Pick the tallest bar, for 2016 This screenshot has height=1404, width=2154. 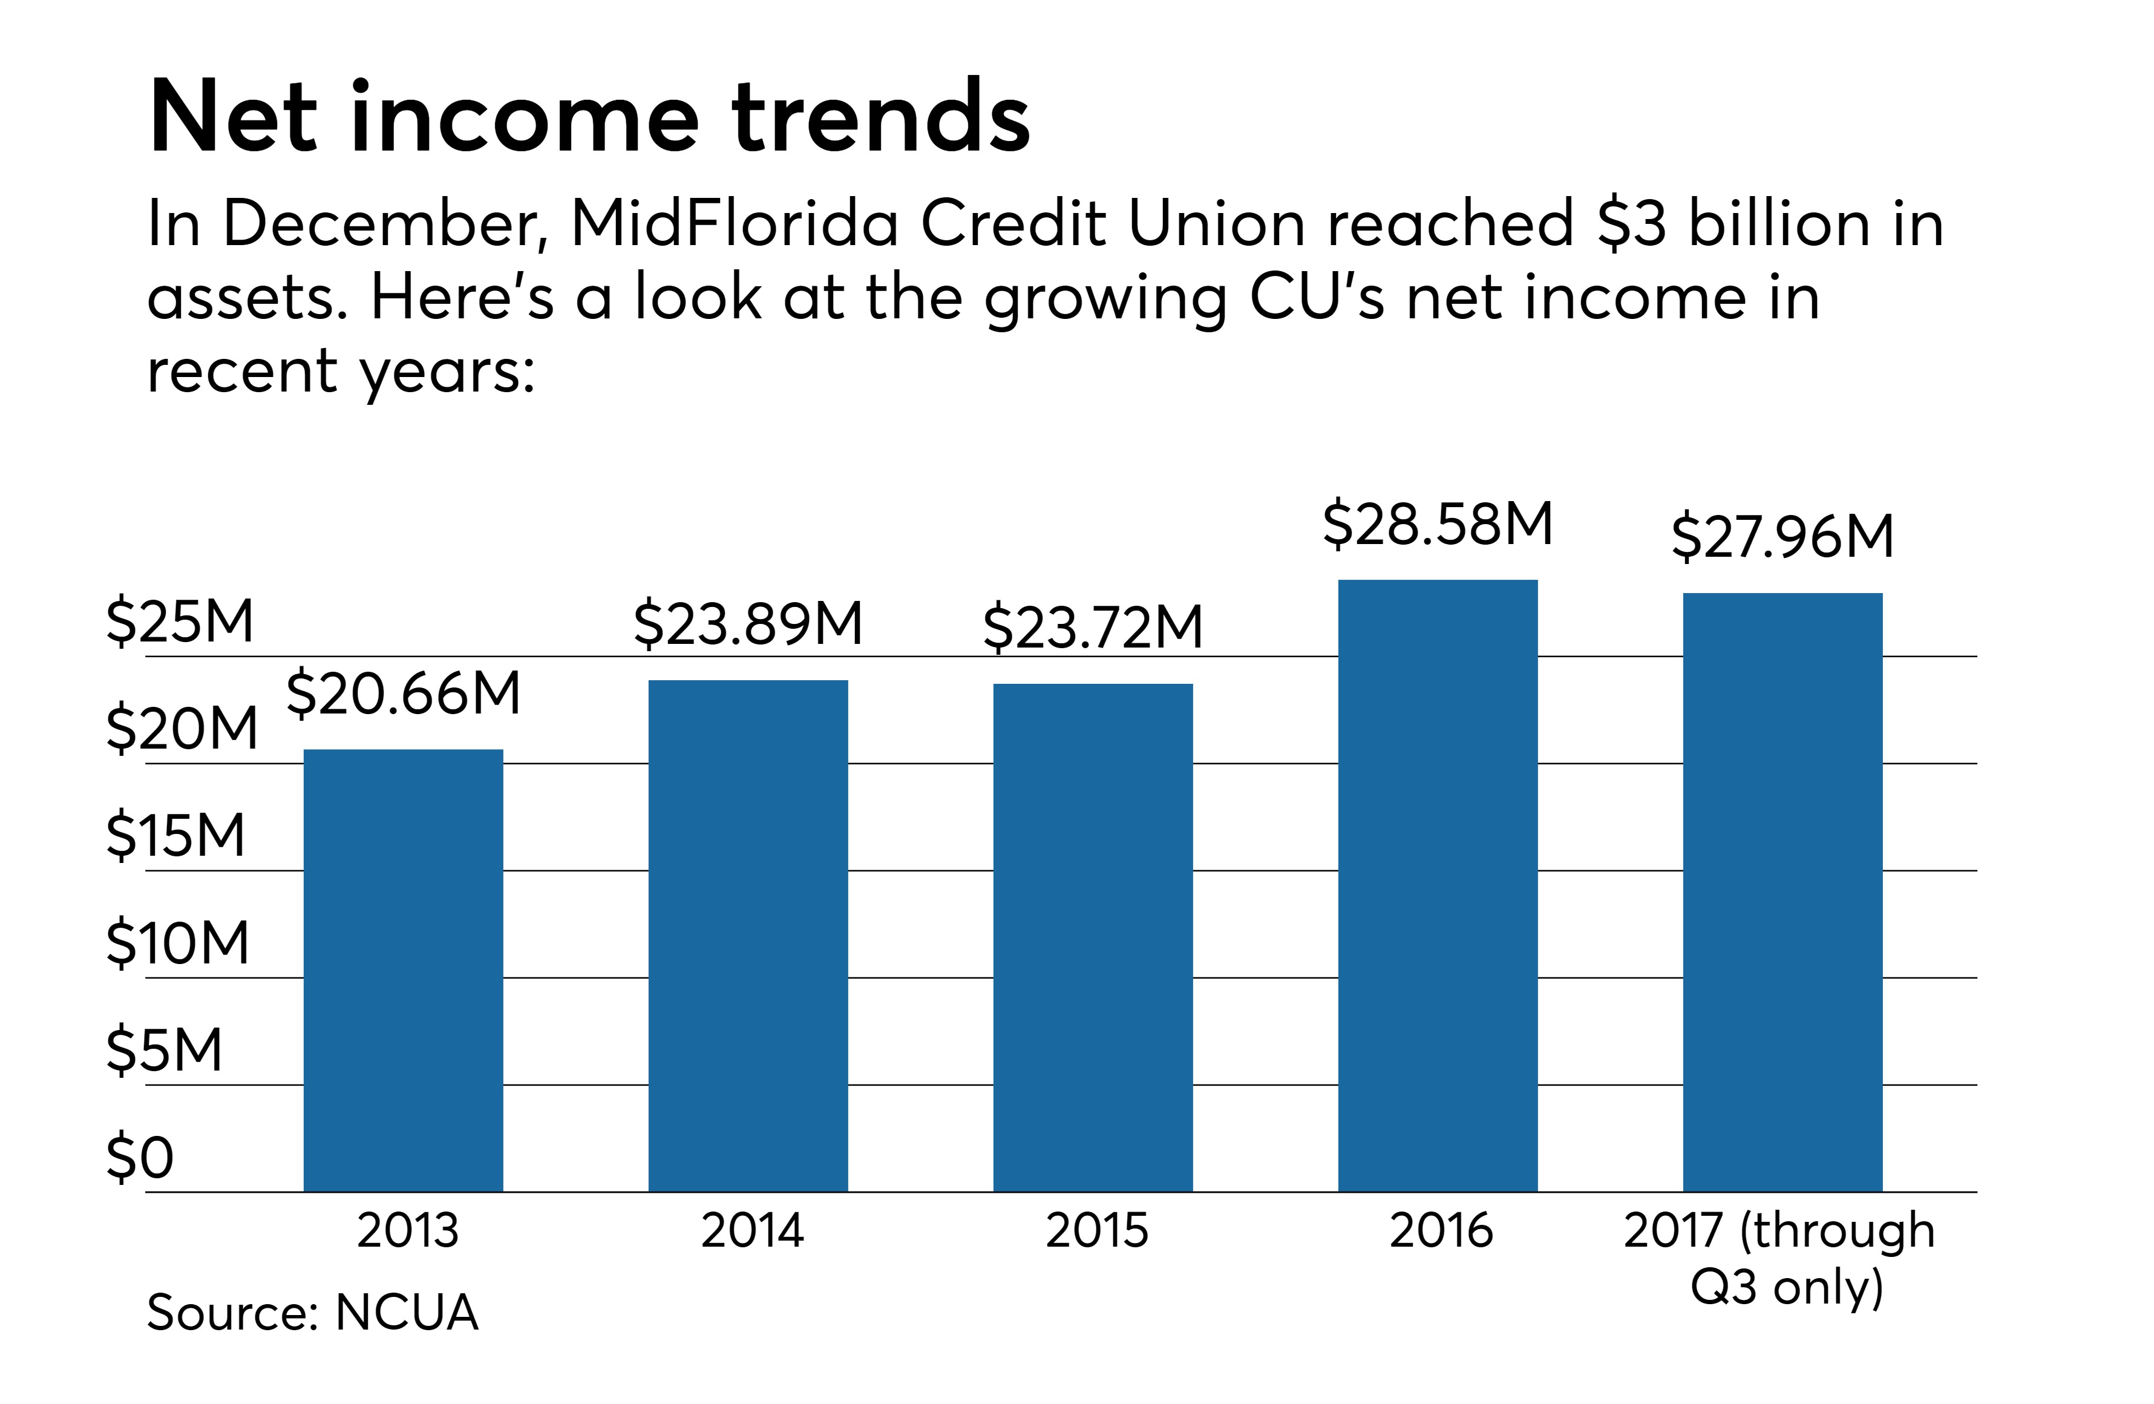click(x=1437, y=885)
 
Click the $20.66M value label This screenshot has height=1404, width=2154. click(x=404, y=694)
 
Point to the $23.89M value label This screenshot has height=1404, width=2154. click(x=748, y=625)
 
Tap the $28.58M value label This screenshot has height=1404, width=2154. click(x=1437, y=525)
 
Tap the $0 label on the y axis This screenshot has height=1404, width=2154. click(x=139, y=1158)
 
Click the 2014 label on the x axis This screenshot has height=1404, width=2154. click(x=752, y=1230)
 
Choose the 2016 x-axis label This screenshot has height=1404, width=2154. click(x=1441, y=1230)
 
